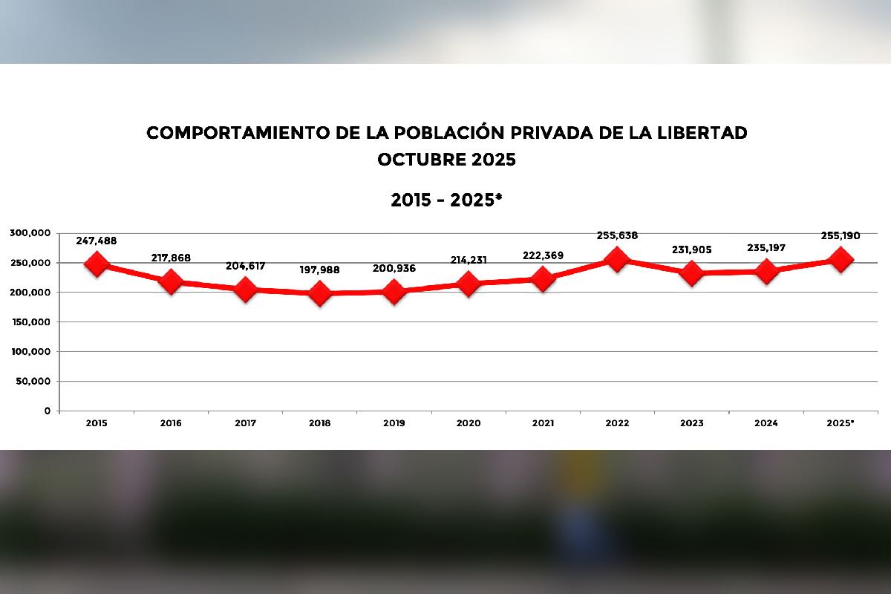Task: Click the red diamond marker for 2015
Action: (x=97, y=264)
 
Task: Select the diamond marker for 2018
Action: (x=320, y=293)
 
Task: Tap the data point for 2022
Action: (x=616, y=259)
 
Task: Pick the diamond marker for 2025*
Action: (x=841, y=259)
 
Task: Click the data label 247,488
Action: (x=97, y=241)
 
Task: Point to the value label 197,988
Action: (x=319, y=270)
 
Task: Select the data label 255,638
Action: (x=617, y=236)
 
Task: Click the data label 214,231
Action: (x=469, y=260)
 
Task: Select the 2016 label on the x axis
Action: (x=171, y=423)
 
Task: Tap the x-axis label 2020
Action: (x=469, y=423)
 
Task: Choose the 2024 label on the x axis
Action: (x=766, y=423)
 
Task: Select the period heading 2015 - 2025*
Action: (x=446, y=200)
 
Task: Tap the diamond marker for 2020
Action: (x=469, y=284)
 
